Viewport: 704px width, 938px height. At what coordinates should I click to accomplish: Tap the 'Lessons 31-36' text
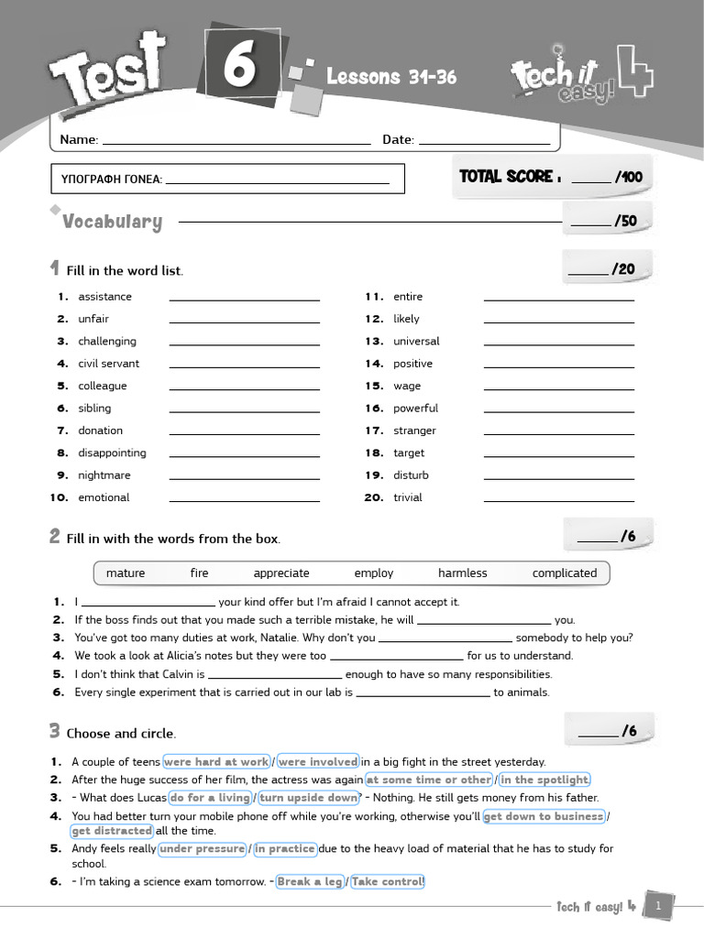pos(391,77)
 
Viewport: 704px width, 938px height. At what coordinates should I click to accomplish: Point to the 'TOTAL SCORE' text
pos(507,177)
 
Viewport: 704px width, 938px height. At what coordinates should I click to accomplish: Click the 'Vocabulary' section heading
pos(112,222)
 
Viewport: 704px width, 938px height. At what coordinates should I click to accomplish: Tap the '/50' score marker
pos(625,221)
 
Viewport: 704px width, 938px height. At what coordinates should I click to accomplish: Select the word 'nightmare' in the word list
pos(104,475)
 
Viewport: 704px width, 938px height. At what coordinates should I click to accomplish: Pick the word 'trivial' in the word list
pos(408,497)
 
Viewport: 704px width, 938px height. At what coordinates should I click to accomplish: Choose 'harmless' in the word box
pos(463,573)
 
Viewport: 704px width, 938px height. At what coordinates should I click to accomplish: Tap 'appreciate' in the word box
pos(281,573)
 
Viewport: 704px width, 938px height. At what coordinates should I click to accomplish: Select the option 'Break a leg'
pos(310,881)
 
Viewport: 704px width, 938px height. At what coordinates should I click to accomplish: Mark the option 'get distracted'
pos(112,831)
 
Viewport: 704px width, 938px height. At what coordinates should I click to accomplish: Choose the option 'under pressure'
pos(203,849)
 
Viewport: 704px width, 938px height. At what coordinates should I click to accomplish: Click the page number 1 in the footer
pos(658,906)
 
